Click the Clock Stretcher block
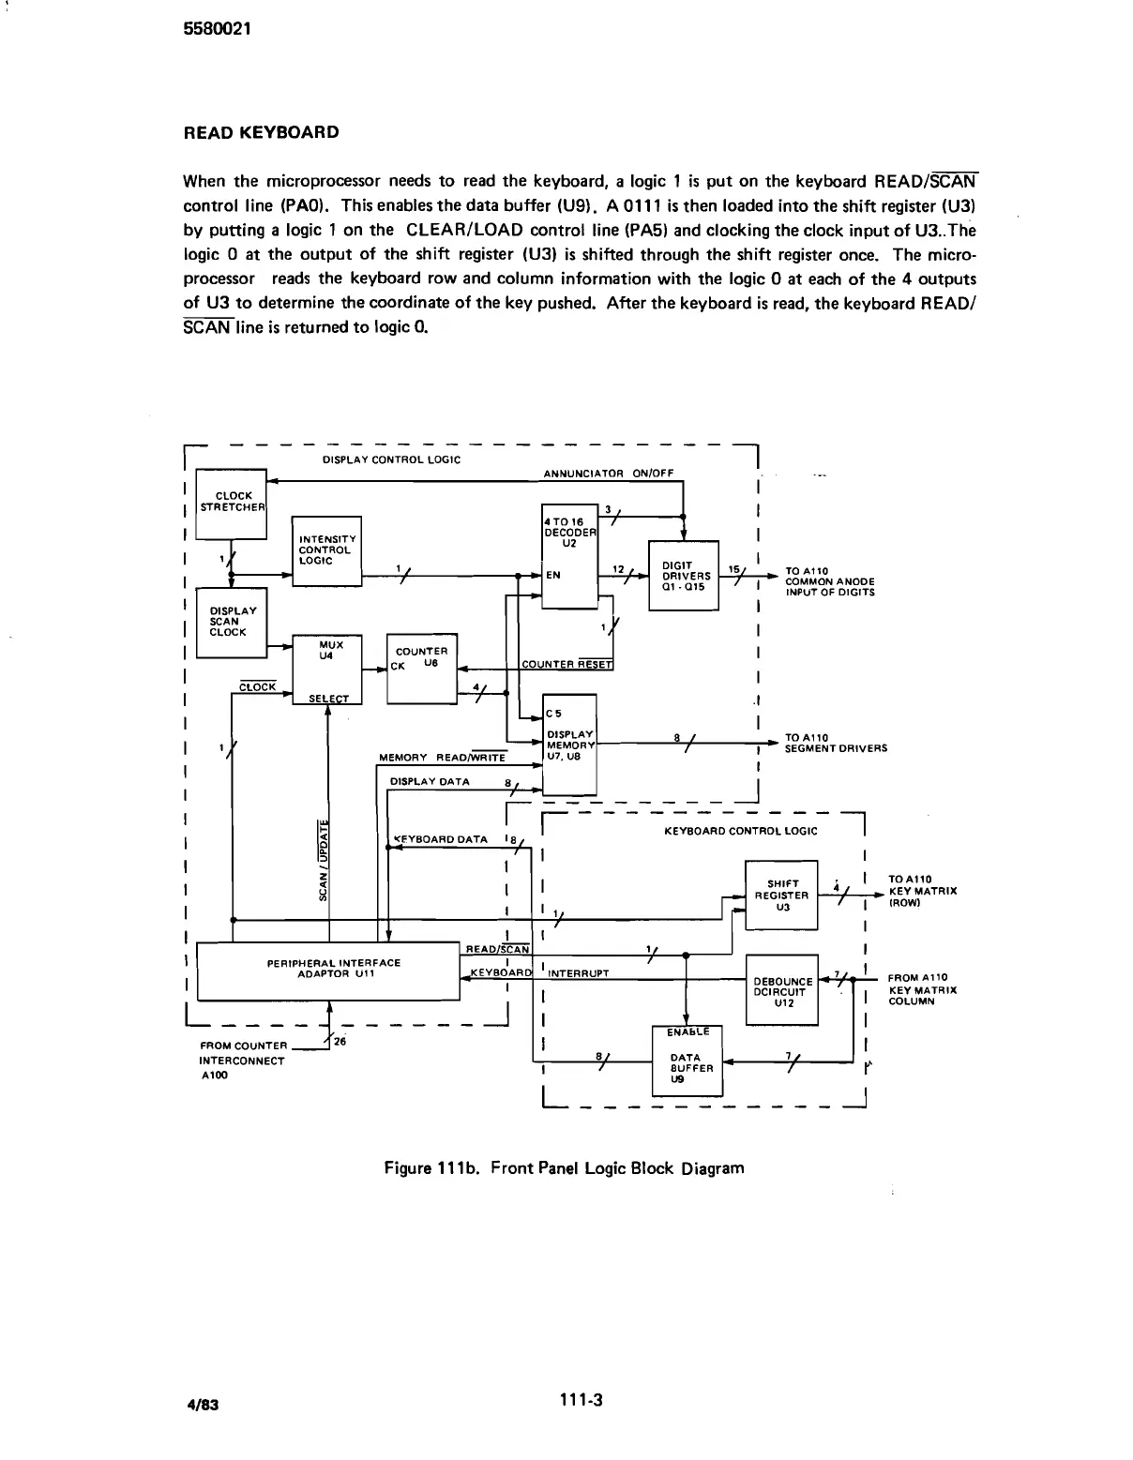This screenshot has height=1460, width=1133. (x=232, y=504)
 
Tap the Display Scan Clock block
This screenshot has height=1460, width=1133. (x=231, y=623)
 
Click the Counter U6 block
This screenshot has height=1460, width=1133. (x=421, y=669)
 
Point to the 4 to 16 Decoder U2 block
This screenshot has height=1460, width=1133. (x=569, y=558)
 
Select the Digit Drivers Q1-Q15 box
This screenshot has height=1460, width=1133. (x=684, y=575)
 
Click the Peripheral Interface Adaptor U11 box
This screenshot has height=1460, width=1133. (x=328, y=971)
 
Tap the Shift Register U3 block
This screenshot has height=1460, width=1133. (x=781, y=895)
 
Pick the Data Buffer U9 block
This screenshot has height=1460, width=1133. (x=687, y=1062)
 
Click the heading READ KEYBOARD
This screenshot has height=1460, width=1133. (x=261, y=132)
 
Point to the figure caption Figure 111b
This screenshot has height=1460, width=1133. (x=564, y=1168)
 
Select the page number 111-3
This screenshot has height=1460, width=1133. (x=580, y=1400)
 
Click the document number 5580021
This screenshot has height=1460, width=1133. (x=216, y=28)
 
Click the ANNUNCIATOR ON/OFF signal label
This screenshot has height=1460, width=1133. (x=608, y=474)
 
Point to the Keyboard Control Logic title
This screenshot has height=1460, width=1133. (x=740, y=831)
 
